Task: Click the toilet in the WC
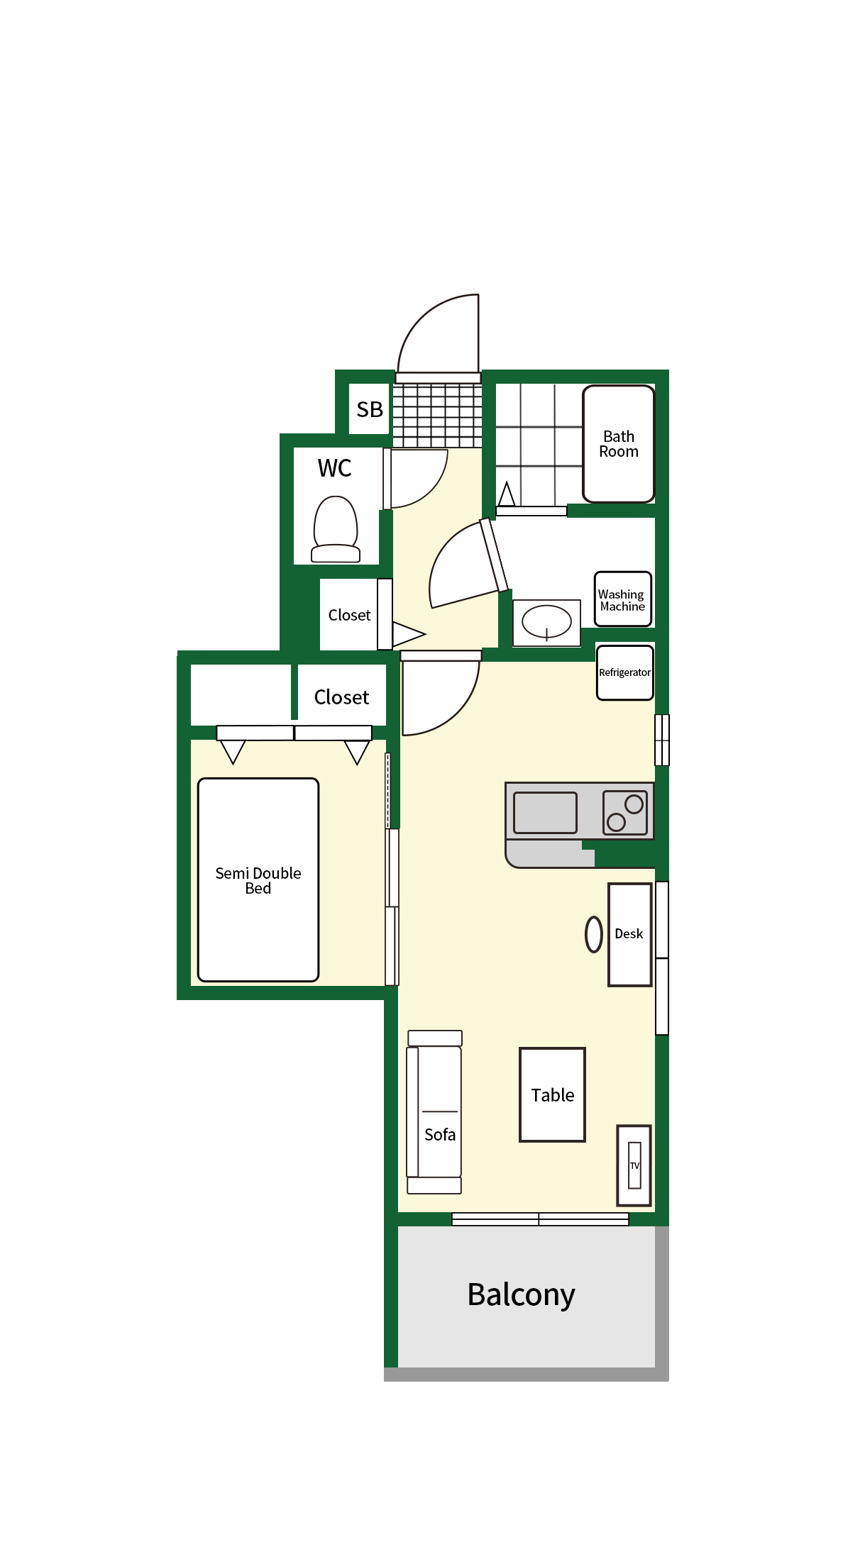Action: pyautogui.click(x=336, y=529)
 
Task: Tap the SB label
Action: pyautogui.click(x=370, y=409)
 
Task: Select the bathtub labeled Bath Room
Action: pyautogui.click(x=619, y=444)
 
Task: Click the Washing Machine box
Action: pyautogui.click(x=623, y=599)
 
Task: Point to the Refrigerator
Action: pyautogui.click(x=625, y=672)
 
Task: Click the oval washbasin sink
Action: pyautogui.click(x=546, y=622)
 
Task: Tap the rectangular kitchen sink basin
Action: pyautogui.click(x=545, y=812)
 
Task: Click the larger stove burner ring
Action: pyautogui.click(x=634, y=804)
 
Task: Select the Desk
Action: pyautogui.click(x=630, y=934)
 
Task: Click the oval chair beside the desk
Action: pyautogui.click(x=594, y=934)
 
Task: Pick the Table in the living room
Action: pyautogui.click(x=553, y=1094)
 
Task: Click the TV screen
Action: pyautogui.click(x=634, y=1165)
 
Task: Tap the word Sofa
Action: pyautogui.click(x=440, y=1135)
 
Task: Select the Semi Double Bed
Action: pyautogui.click(x=258, y=880)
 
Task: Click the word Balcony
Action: pyautogui.click(x=522, y=1295)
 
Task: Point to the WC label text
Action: pyautogui.click(x=335, y=468)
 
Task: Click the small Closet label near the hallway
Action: pyautogui.click(x=349, y=615)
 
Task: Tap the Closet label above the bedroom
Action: pyautogui.click(x=341, y=697)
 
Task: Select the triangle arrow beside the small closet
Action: pyautogui.click(x=408, y=634)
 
